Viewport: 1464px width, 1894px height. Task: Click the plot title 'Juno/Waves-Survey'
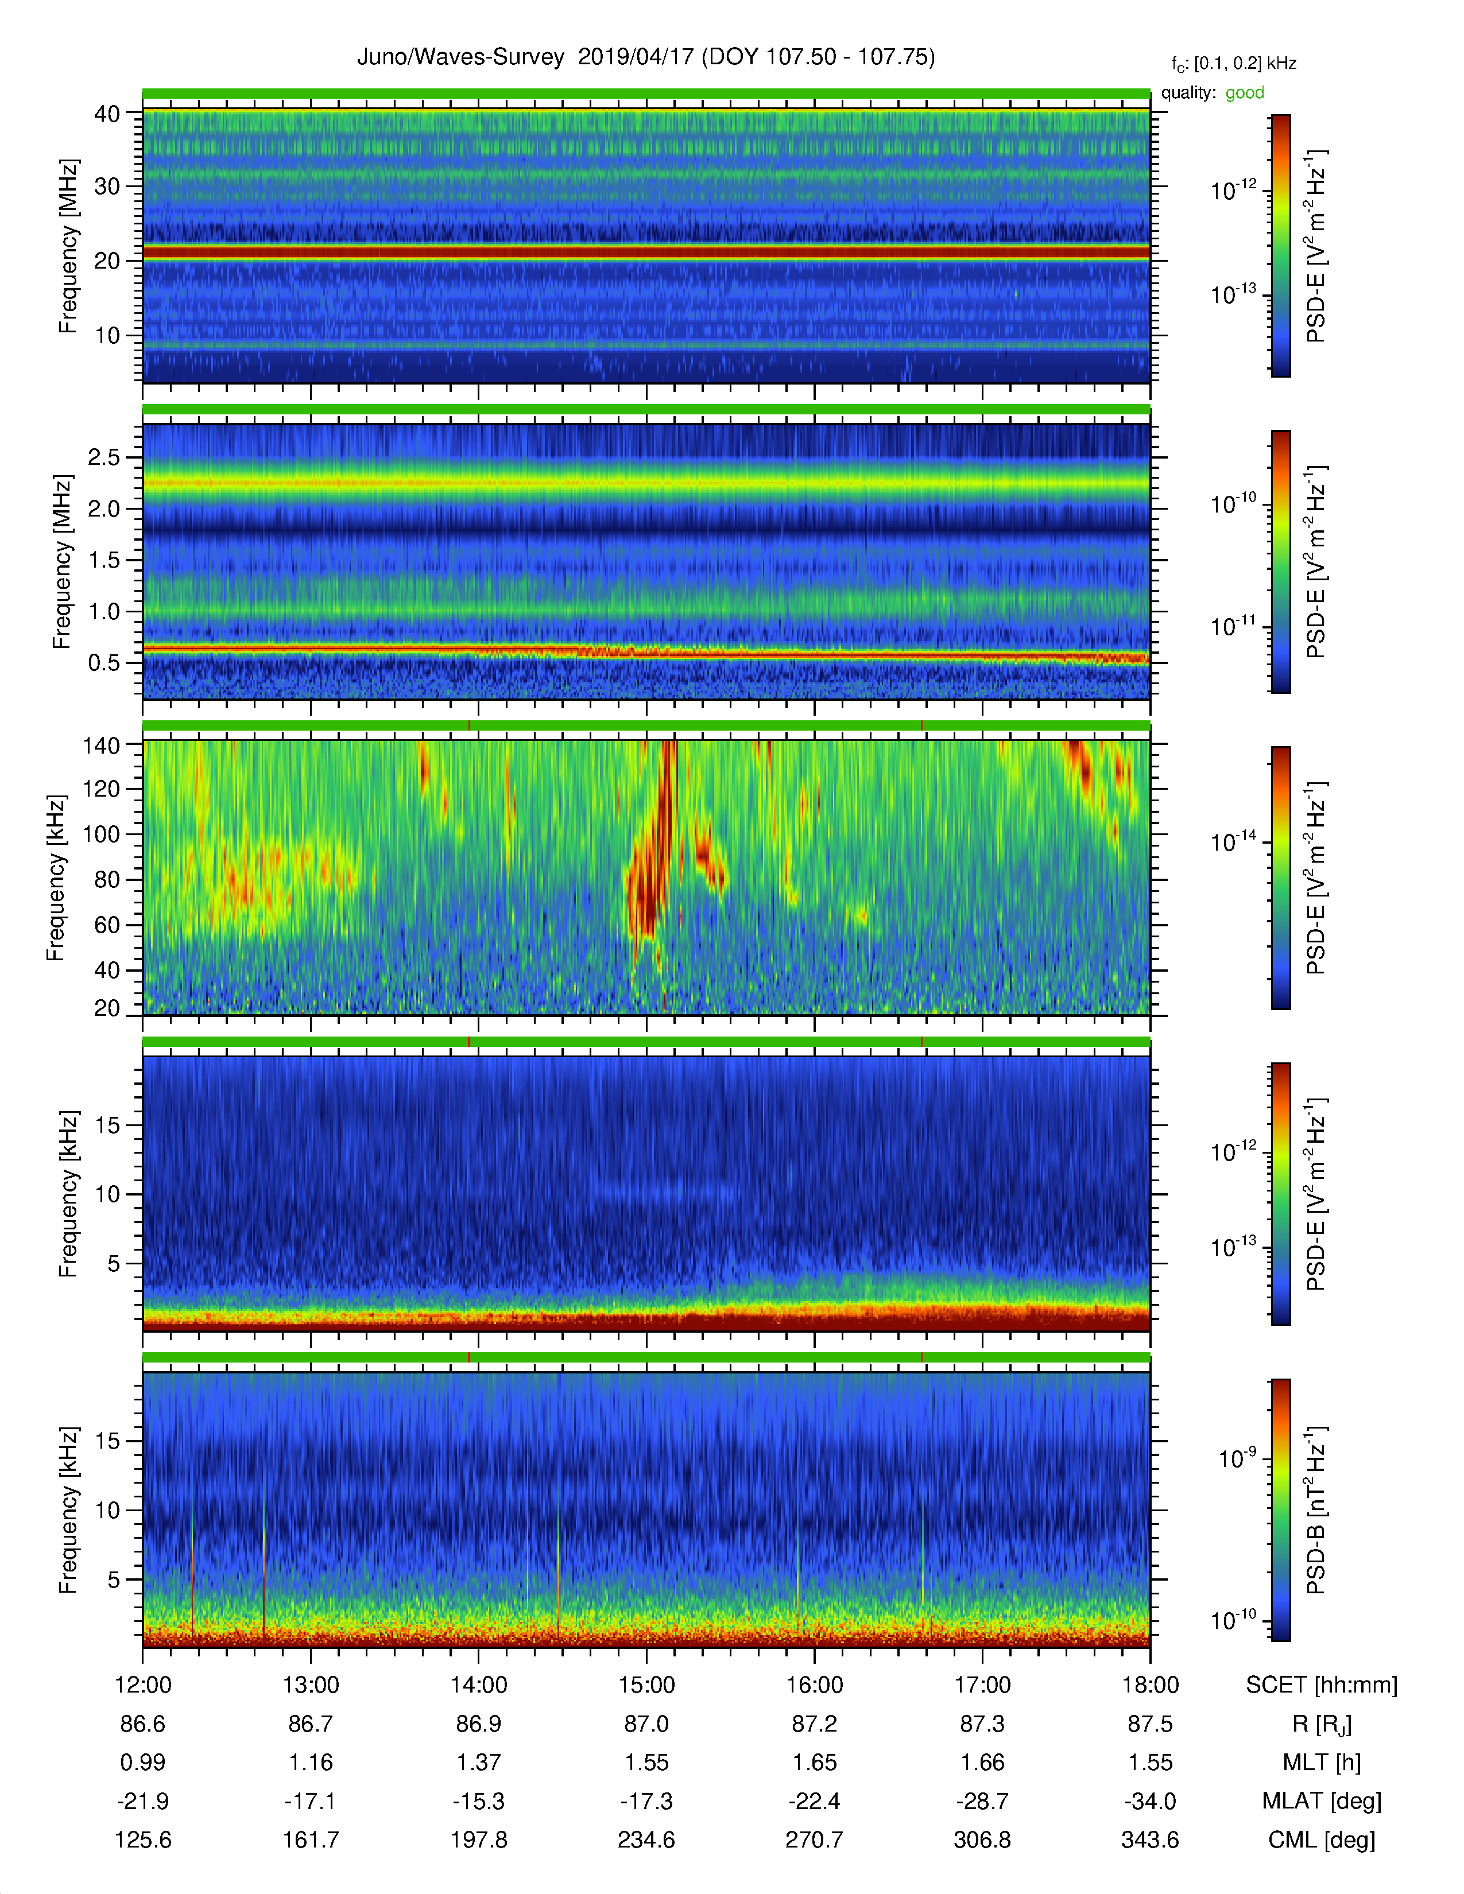tap(460, 57)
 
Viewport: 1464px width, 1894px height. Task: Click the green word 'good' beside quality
tap(1245, 93)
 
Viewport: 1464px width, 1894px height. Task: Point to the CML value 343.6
tap(1150, 1839)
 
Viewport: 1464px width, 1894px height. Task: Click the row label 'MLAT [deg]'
tap(1321, 1801)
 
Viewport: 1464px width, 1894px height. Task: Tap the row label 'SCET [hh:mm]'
tap(1321, 1685)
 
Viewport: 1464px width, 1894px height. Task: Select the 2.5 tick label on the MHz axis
tap(104, 457)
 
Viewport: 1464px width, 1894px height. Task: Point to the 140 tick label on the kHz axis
tap(100, 745)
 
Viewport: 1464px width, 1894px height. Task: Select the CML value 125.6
tap(143, 1839)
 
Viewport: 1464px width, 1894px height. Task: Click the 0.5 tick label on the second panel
tap(104, 662)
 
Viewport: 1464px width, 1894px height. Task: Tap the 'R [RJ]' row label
tap(1321, 1724)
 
